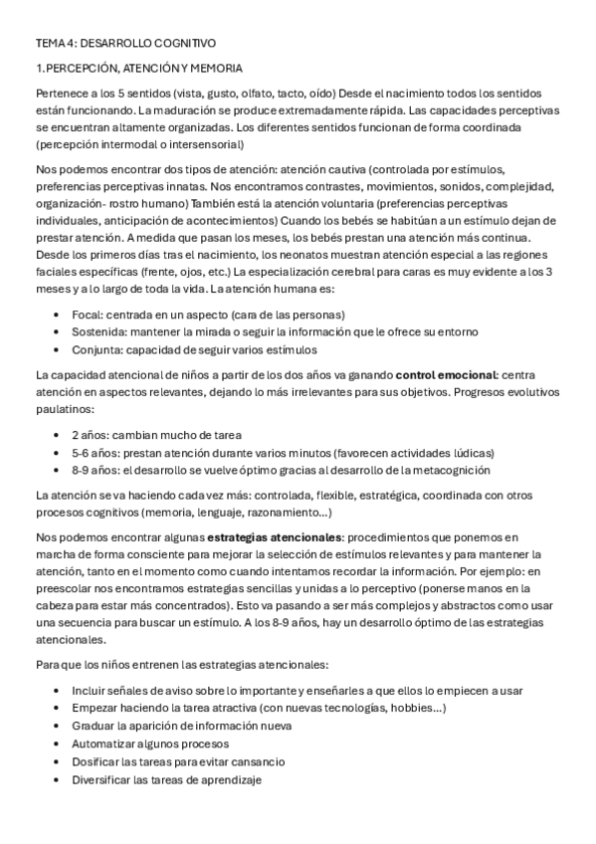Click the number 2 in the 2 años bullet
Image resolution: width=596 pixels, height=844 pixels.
76,435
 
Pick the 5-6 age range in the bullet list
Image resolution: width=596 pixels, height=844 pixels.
83,453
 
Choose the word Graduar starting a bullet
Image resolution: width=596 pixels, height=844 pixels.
96,726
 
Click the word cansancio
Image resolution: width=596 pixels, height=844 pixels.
258,761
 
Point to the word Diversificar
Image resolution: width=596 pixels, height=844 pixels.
103,779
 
